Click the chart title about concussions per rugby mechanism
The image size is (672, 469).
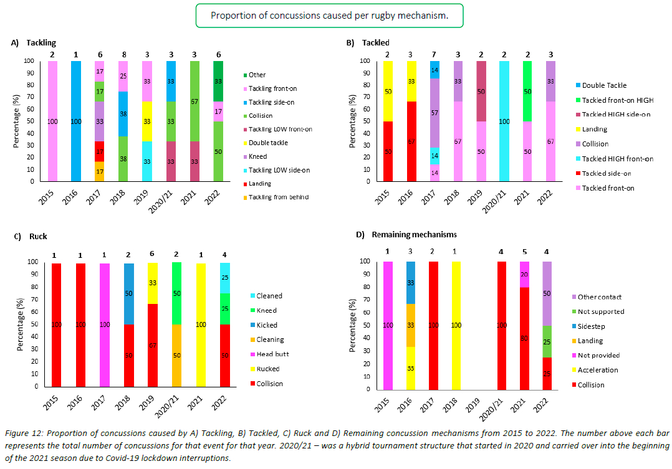coord(329,16)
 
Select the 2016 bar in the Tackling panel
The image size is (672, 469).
coord(75,121)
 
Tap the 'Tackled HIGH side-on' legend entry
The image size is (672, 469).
coord(615,115)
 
